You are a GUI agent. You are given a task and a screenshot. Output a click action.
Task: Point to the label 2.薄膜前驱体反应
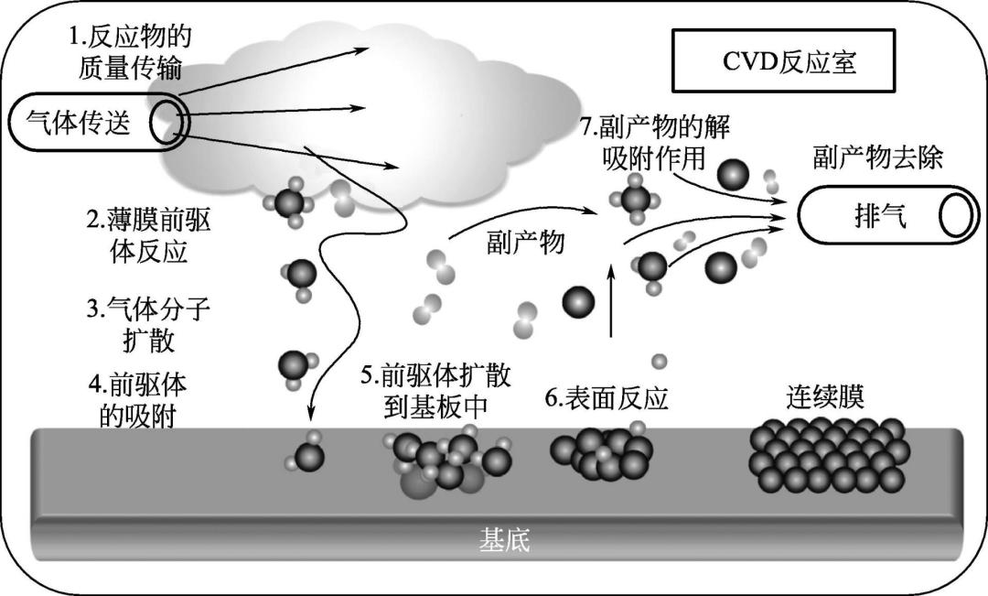[136, 235]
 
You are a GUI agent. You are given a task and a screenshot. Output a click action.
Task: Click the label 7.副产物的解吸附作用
[659, 142]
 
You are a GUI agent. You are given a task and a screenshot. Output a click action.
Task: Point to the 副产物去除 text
[876, 157]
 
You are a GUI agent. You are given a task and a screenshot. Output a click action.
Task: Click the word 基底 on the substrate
[504, 540]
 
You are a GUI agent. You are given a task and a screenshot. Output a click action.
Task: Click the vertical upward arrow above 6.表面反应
[611, 301]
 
